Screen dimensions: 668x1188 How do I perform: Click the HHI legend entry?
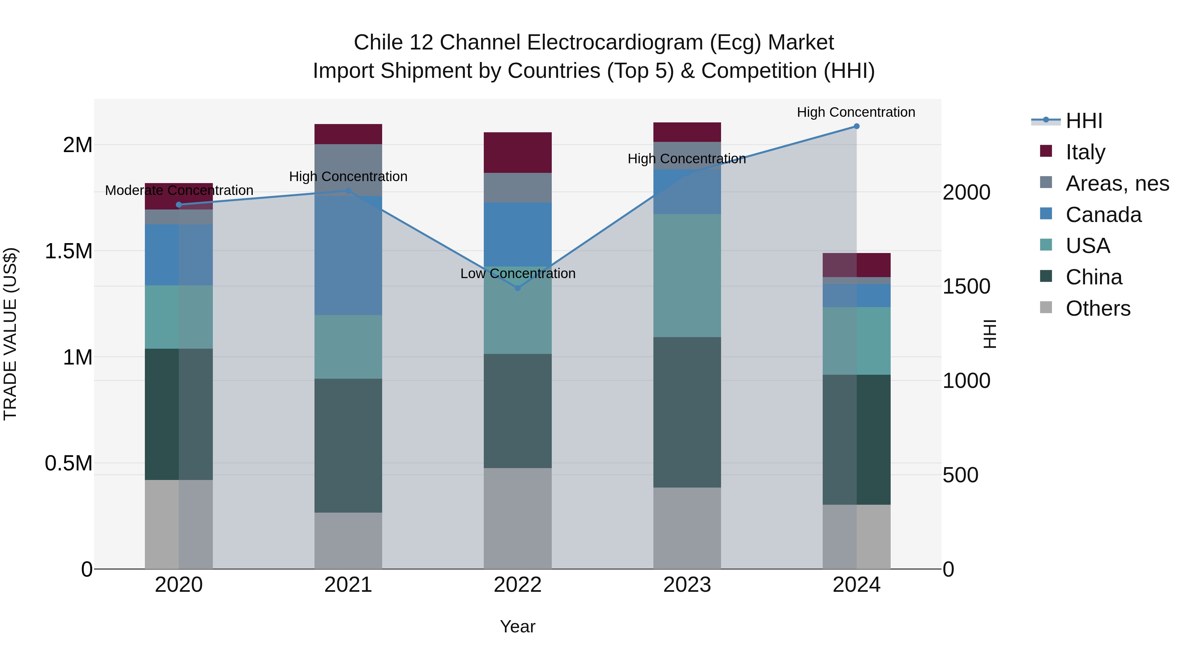tap(1084, 121)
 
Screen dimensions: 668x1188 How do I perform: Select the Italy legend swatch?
tap(1046, 151)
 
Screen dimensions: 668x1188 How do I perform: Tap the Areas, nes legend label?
tap(1117, 183)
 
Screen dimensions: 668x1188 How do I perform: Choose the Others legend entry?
tap(1098, 308)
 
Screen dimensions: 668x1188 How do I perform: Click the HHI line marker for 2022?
tap(517, 288)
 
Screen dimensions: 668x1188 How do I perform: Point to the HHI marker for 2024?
tap(856, 126)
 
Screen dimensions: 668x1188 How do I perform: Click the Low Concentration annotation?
tap(517, 273)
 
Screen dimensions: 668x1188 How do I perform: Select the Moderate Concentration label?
tap(179, 190)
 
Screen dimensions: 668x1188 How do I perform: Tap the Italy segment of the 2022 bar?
tap(517, 153)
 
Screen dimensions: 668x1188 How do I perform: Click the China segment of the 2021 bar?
tap(348, 445)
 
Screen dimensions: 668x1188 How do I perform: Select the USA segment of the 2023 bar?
tap(687, 276)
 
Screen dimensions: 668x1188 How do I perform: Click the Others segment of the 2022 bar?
tap(517, 518)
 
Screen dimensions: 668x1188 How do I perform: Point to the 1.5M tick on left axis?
tap(68, 251)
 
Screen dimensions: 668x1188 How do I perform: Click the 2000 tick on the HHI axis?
tap(966, 192)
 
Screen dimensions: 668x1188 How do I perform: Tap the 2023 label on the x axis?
tap(687, 585)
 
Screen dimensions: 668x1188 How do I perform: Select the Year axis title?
tap(517, 626)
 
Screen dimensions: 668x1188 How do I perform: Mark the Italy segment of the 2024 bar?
tap(856, 265)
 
